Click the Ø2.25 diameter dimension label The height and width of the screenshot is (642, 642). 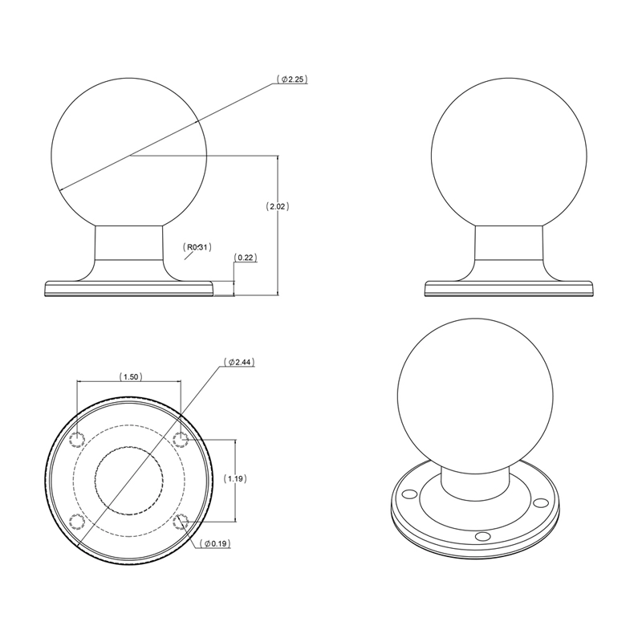pyautogui.click(x=293, y=79)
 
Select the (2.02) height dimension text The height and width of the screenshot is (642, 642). pyautogui.click(x=277, y=206)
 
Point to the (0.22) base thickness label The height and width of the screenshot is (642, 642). pyautogui.click(x=245, y=257)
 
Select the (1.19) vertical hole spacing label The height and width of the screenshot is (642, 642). pyautogui.click(x=236, y=478)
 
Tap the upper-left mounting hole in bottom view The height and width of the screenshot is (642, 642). pyautogui.click(x=78, y=439)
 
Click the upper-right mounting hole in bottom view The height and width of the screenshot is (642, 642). pyautogui.click(x=181, y=439)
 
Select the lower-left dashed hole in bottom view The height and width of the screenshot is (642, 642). pyautogui.click(x=78, y=522)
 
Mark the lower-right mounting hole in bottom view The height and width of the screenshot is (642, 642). pyautogui.click(x=181, y=522)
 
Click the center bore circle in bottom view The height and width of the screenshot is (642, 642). pyautogui.click(x=129, y=480)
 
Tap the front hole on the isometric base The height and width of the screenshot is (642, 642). pyautogui.click(x=481, y=535)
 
